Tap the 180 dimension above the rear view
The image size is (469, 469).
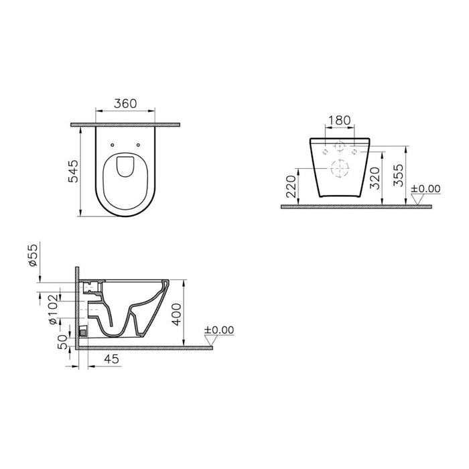click(339, 121)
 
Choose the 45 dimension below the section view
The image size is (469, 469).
click(113, 360)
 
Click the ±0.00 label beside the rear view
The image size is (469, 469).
click(426, 188)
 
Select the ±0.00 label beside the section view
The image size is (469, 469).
click(219, 330)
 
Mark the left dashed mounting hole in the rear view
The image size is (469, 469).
click(326, 151)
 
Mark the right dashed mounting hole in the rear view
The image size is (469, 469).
click(355, 151)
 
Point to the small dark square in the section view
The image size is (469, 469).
click(82, 330)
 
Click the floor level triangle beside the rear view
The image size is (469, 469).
click(415, 199)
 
